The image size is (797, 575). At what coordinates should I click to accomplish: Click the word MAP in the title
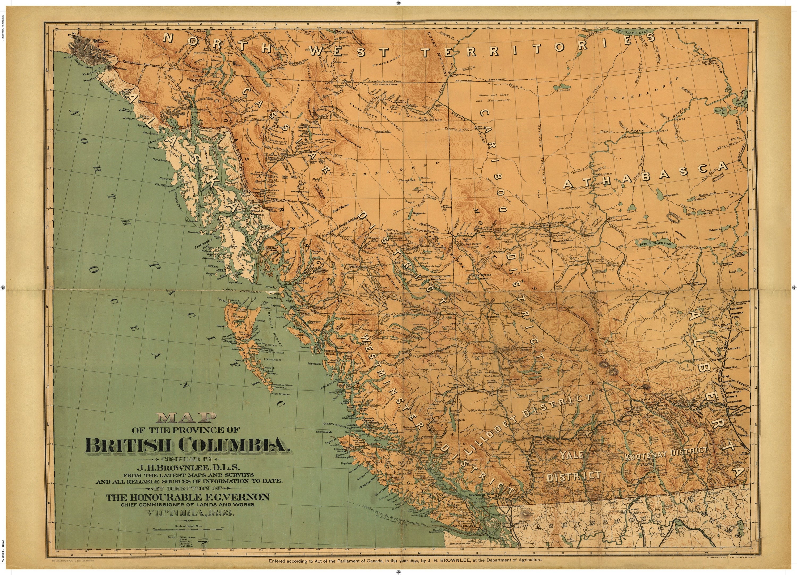183,418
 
